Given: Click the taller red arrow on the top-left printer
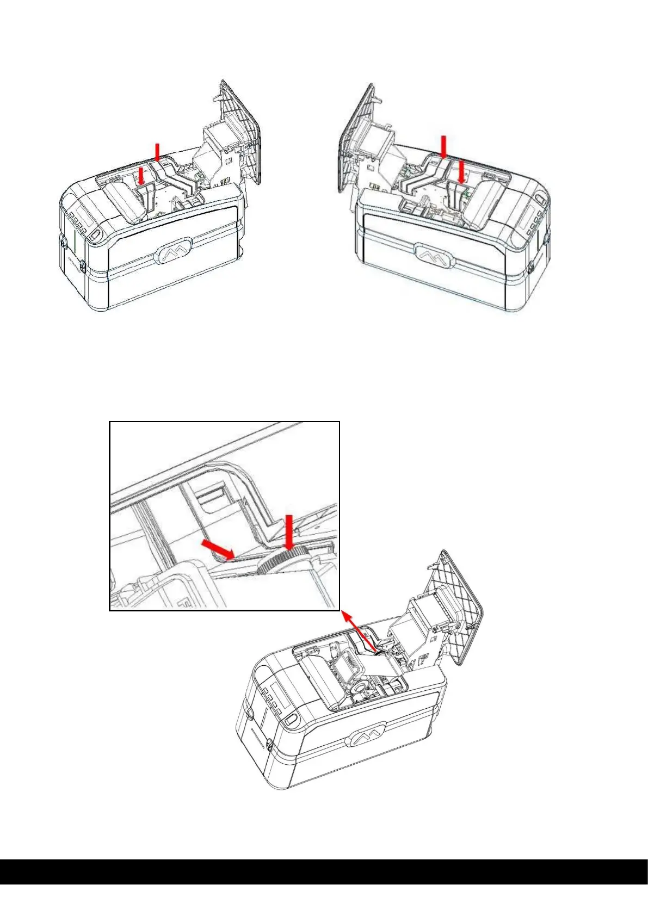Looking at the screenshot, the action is coord(158,152).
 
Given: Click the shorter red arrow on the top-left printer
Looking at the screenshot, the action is coord(141,176).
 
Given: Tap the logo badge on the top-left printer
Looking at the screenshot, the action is coord(174,252).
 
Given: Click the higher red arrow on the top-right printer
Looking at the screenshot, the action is coord(444,147).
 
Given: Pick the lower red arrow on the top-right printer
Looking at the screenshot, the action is coord(461,171).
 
